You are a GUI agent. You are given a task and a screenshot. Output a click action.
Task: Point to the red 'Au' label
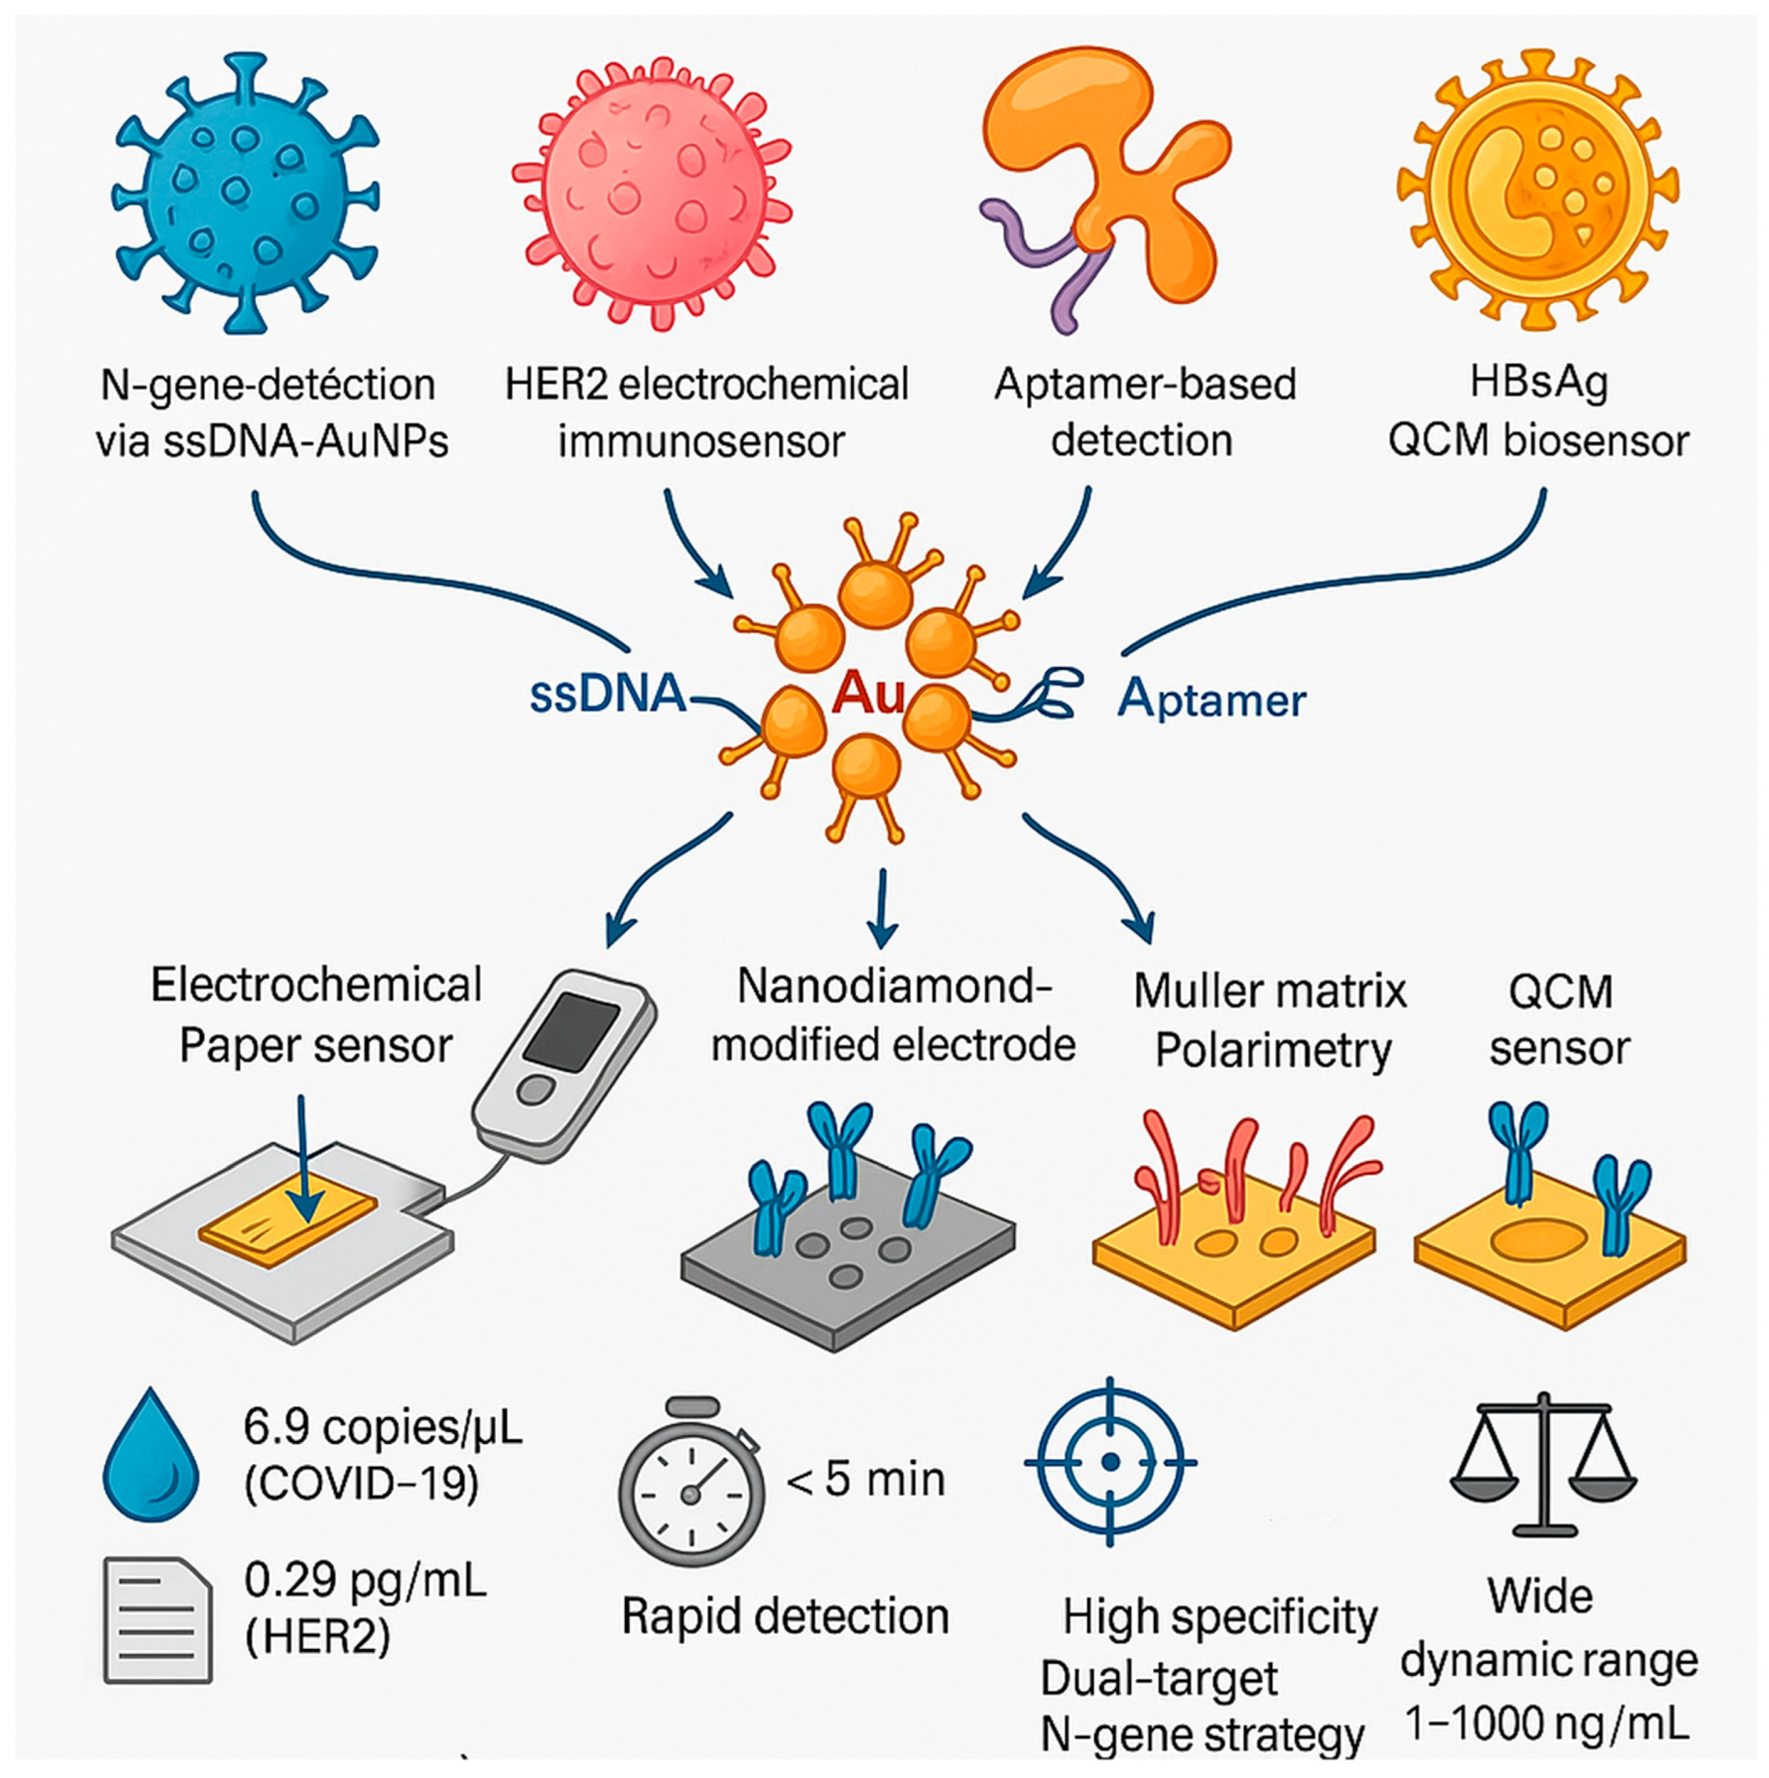[x=867, y=695]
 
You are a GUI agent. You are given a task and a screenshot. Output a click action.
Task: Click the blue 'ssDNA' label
[x=608, y=695]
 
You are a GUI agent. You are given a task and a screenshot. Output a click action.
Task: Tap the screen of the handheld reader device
[x=571, y=1031]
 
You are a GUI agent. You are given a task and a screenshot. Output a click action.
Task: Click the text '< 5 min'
[x=865, y=1479]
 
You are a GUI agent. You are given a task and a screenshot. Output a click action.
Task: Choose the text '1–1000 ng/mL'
[x=1547, y=1723]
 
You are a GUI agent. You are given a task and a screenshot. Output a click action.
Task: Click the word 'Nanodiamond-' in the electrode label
[x=894, y=987]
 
